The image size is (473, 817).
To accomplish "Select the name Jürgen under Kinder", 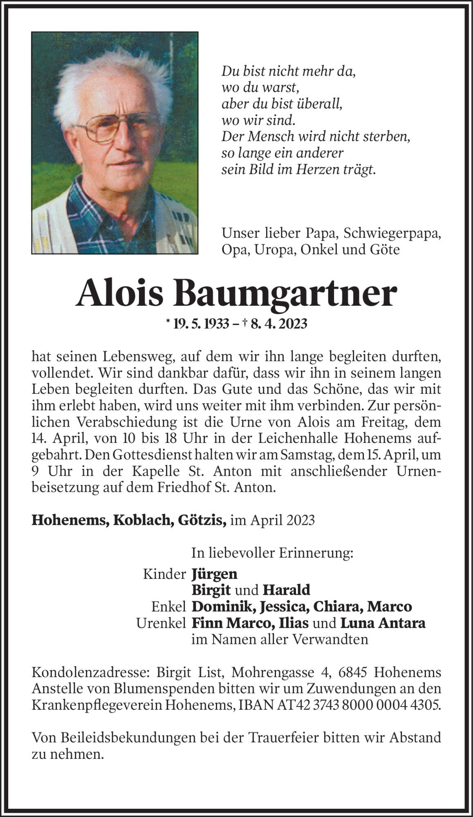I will point(214,574).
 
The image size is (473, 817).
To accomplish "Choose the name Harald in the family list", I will point(286,590).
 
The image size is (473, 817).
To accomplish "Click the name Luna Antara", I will point(383,623).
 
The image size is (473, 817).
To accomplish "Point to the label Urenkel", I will point(161,623).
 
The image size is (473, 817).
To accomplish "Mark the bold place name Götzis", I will point(206,520).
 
